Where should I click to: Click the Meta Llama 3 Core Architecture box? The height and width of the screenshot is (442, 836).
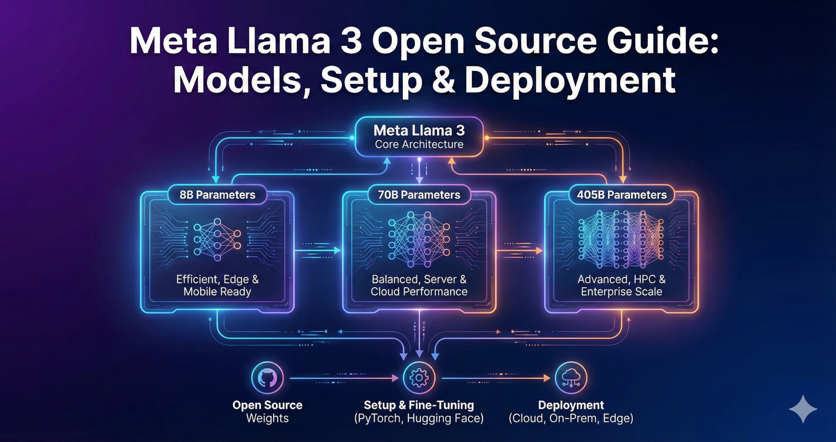point(419,137)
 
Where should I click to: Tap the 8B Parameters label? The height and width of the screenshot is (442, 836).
point(217,195)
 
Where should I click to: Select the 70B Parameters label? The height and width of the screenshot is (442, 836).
point(419,195)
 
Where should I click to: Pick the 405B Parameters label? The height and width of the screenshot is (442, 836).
point(622,195)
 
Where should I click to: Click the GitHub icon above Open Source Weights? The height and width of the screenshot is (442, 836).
point(268,378)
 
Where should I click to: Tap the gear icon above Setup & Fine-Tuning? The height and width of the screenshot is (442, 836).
point(419,378)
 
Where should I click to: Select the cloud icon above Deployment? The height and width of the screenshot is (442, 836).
point(571,378)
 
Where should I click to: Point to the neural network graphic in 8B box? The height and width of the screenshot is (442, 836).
point(217,240)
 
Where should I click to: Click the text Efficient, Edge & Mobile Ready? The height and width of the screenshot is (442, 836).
point(217,286)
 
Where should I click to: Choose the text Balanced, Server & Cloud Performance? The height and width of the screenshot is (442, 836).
point(419,286)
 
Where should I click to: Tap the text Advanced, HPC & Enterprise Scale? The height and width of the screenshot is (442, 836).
point(622,286)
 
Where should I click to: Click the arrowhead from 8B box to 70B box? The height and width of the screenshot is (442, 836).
point(337,251)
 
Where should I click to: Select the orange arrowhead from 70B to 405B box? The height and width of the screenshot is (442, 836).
point(539,251)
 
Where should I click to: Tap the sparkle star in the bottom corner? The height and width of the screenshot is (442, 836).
point(803,409)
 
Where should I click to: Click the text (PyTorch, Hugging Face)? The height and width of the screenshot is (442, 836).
point(419,418)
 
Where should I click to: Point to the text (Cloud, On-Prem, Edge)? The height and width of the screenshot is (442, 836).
point(571,418)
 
